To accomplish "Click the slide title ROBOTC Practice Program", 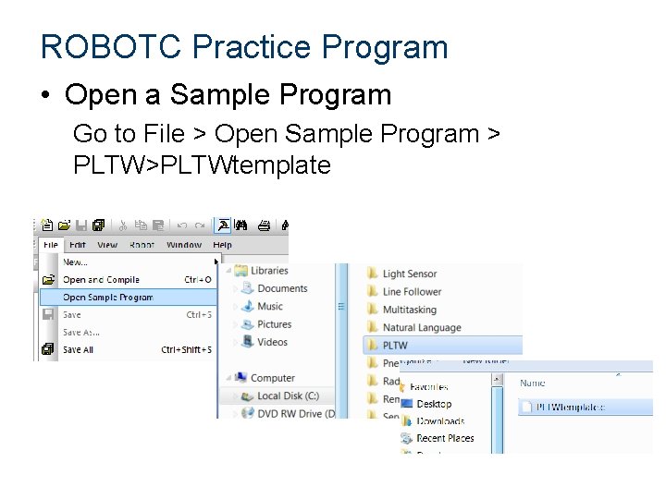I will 244,47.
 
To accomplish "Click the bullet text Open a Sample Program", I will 228,94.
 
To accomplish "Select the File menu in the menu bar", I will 51,245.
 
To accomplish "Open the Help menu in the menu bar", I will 223,245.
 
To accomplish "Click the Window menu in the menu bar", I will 184,245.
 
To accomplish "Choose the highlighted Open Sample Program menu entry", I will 107,298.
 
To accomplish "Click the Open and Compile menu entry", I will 101,280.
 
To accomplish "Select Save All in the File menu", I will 78,350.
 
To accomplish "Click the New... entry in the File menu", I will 75,262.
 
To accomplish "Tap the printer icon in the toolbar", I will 264,225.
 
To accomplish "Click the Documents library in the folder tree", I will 282,288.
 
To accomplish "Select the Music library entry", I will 270,306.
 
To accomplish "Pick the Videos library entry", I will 272,342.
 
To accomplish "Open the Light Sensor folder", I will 409,274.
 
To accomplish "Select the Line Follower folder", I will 412,292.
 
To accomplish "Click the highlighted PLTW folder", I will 395,346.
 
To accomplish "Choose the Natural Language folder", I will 421,327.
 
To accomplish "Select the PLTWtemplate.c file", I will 571,407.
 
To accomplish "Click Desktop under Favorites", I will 434,404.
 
